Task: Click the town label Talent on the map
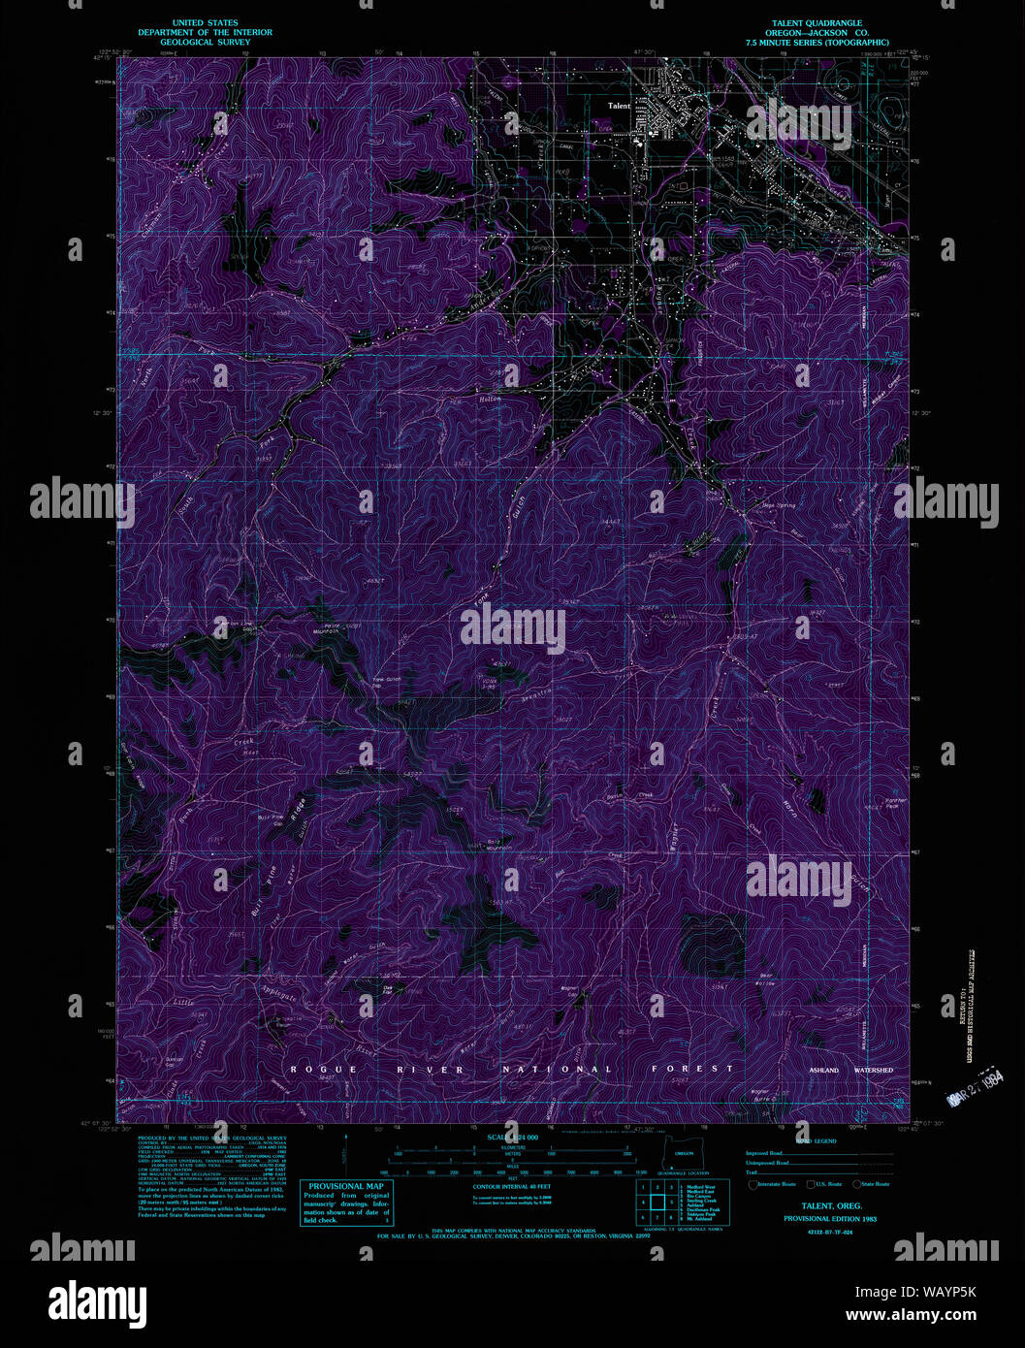point(619,106)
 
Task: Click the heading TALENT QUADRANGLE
point(817,23)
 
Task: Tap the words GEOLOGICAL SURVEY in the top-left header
point(205,43)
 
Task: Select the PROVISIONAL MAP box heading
point(346,1186)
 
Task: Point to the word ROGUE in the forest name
point(310,1069)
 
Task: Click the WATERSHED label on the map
point(873,1070)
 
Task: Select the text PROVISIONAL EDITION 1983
point(830,1218)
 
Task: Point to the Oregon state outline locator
point(684,1153)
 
